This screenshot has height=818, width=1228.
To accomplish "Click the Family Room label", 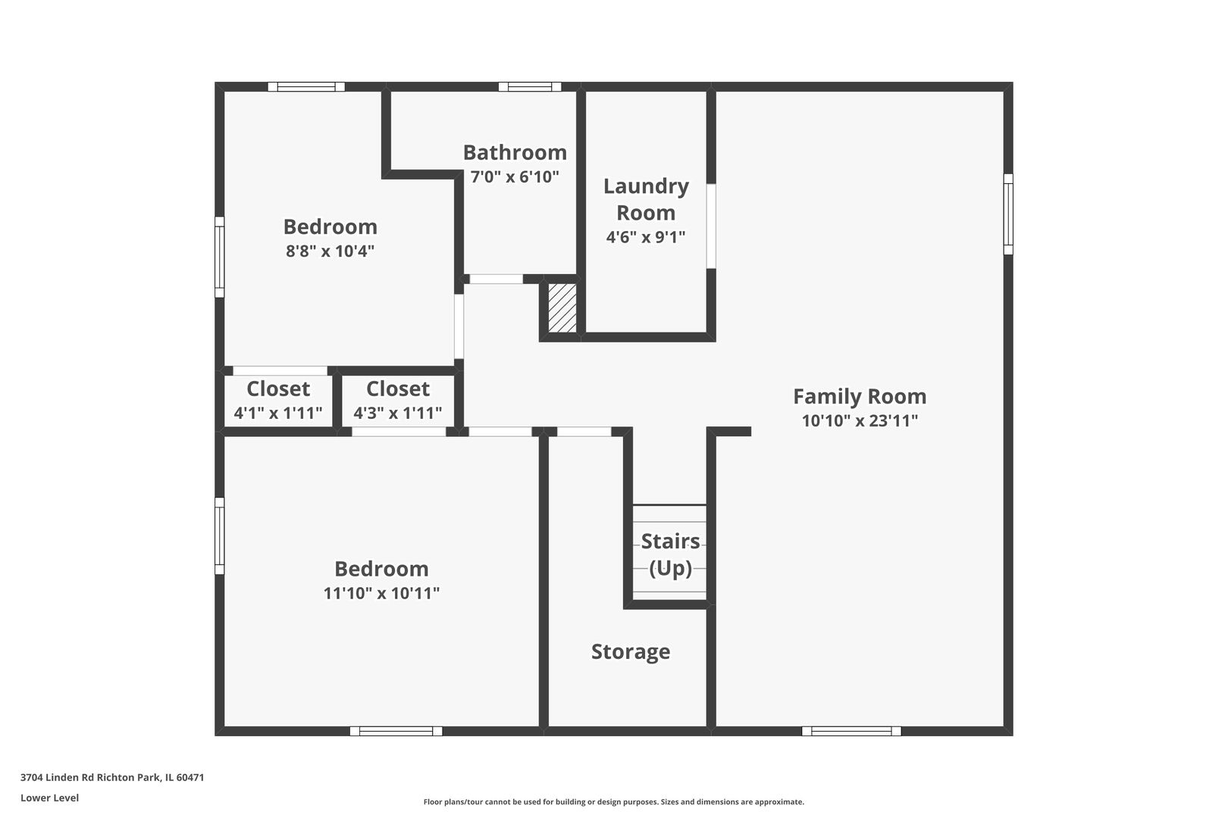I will [860, 396].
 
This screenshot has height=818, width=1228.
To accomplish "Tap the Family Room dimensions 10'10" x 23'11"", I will [860, 421].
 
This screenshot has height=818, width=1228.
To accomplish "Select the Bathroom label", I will [515, 152].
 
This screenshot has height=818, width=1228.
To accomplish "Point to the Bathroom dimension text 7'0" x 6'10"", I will [515, 177].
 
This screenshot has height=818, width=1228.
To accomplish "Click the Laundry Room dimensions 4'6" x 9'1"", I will [646, 237].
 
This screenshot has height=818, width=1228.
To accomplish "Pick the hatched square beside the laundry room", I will [562, 308].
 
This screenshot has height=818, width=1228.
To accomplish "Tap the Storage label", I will [631, 651].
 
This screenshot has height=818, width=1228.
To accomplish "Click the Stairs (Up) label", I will [670, 554].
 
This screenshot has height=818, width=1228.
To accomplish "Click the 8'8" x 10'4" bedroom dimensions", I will [330, 251].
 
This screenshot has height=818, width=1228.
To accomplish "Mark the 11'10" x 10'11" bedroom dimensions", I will [381, 593].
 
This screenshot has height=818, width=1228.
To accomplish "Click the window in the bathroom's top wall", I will [530, 86].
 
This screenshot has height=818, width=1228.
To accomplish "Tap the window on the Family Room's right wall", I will [1008, 214].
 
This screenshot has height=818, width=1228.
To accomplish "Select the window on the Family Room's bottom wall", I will [851, 731].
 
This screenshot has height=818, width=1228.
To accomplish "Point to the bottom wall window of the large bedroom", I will [396, 731].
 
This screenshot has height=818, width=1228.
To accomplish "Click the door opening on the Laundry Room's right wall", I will [711, 226].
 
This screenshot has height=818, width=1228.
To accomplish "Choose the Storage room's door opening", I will [584, 432].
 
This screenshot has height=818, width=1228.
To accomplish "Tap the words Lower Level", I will [49, 798].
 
